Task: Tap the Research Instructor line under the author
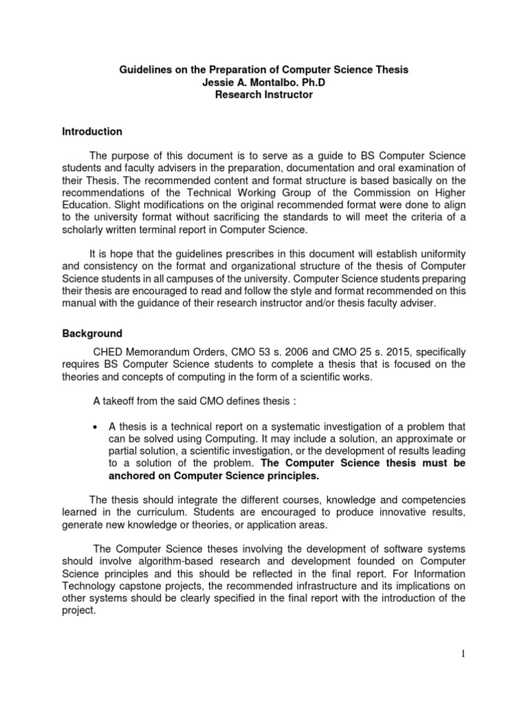point(264,95)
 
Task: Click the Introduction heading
point(92,131)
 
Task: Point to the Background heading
point(92,333)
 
